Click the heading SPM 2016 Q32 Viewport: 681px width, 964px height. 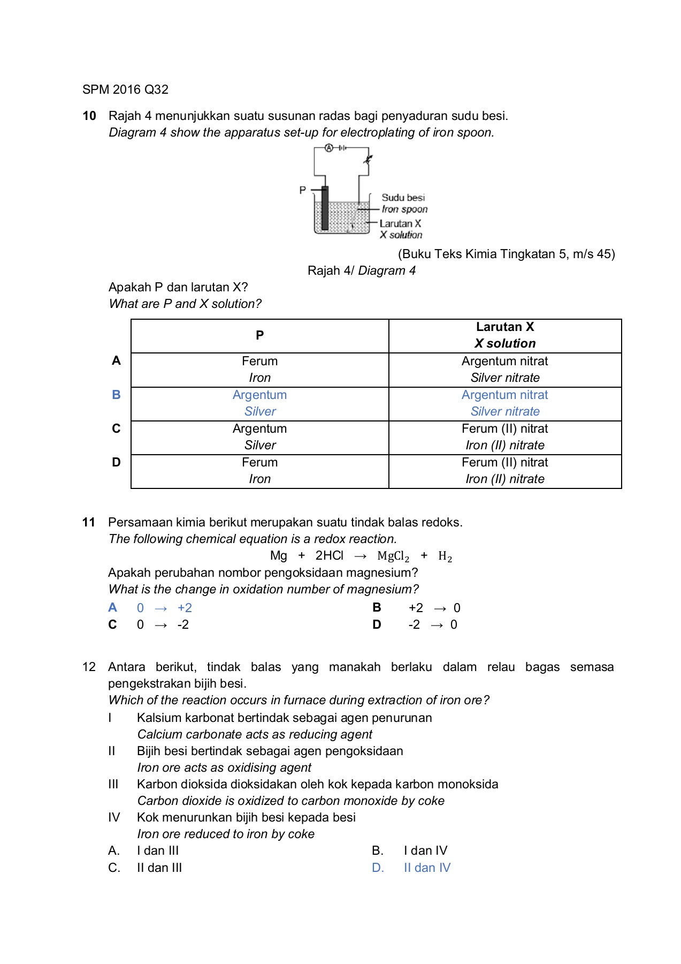[125, 89]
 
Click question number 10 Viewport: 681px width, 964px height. [89, 116]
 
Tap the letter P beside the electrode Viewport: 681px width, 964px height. [303, 190]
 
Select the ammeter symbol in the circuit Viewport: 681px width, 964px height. [329, 148]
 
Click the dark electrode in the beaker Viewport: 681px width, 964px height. [324, 208]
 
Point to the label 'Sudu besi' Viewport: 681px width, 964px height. [403, 198]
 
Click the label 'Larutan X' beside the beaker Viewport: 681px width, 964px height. [400, 223]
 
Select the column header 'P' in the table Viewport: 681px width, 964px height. [259, 335]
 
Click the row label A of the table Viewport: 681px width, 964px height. [116, 360]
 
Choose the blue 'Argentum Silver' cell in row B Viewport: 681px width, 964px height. [259, 403]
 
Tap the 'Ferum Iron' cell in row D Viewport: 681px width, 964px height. [259, 471]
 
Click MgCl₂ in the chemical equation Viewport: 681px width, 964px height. [393, 556]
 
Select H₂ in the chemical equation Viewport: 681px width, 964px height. [445, 556]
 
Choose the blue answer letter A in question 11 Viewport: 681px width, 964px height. [112, 607]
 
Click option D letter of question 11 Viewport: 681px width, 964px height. [377, 624]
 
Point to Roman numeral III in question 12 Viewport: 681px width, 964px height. [113, 784]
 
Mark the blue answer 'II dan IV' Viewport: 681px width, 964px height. [427, 868]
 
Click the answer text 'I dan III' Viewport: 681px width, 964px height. [158, 850]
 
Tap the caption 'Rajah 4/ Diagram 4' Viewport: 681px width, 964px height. [361, 270]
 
